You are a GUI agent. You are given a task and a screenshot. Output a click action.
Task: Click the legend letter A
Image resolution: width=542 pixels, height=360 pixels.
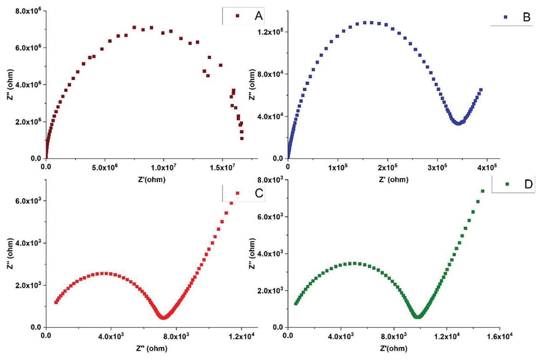258,16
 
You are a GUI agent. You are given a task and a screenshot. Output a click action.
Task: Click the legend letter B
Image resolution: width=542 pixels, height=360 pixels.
526,17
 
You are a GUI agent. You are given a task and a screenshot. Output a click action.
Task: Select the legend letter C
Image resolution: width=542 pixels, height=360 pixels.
259,193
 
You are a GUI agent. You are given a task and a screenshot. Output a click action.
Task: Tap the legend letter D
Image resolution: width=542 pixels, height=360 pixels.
528,184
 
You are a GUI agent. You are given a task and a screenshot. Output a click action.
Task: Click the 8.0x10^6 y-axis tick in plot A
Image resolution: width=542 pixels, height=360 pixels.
28,11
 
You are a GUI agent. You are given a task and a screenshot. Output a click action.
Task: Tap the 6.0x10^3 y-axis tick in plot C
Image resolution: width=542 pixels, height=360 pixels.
28,201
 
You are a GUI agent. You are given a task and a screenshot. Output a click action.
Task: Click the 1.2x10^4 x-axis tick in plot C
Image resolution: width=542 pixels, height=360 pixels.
241,337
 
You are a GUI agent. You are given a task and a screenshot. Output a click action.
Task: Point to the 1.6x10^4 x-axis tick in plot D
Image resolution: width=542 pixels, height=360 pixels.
500,337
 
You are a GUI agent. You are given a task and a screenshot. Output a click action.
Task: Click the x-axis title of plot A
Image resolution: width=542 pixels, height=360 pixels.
152,179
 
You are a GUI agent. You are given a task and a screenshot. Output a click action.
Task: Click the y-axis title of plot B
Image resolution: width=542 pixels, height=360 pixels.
252,85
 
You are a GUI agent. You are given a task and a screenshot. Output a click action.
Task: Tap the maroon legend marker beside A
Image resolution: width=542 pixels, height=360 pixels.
237,15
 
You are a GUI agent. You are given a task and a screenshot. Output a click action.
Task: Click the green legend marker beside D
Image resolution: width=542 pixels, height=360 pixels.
507,184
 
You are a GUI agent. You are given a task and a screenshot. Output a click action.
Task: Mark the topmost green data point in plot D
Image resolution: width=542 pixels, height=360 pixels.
482,191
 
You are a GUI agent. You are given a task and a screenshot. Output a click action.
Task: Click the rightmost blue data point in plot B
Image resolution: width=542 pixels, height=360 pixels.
481,90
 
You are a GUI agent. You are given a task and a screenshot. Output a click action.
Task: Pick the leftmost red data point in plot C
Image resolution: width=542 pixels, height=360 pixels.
56,302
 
